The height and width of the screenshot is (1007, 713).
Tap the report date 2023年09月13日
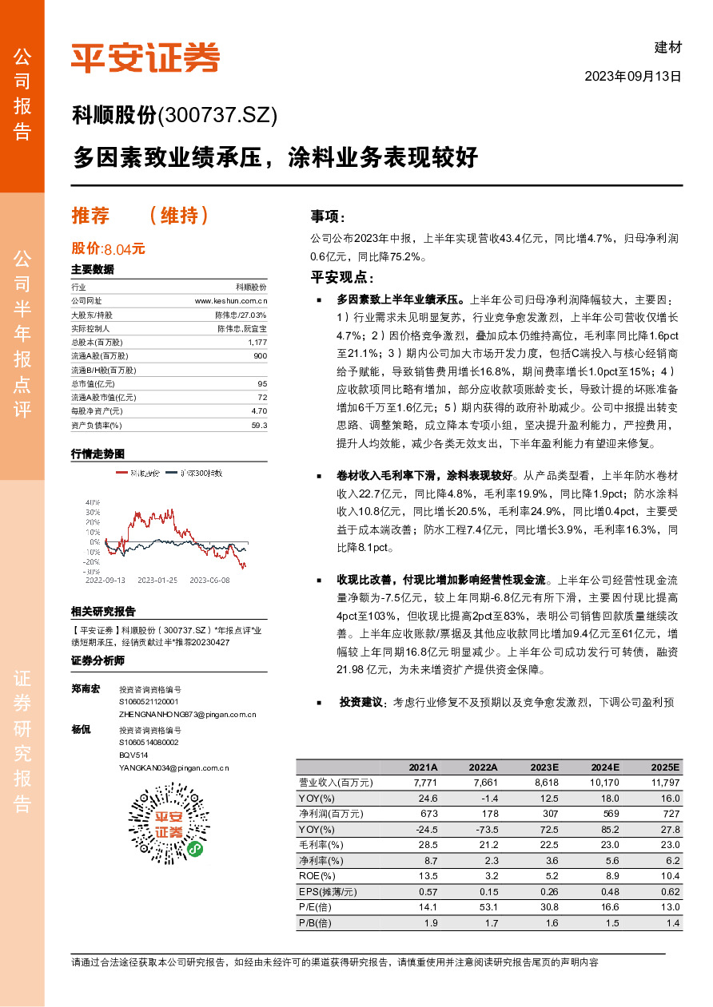[x=633, y=77]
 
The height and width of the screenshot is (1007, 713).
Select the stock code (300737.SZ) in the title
[x=218, y=116]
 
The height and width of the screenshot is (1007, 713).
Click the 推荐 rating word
[x=90, y=216]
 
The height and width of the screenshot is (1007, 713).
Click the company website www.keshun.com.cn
[x=231, y=301]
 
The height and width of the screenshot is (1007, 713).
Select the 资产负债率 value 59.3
[x=259, y=426]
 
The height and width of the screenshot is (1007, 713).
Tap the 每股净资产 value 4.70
[x=259, y=411]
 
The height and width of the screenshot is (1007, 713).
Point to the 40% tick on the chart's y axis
[x=93, y=502]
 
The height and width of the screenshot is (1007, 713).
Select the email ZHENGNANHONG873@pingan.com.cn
[x=187, y=714]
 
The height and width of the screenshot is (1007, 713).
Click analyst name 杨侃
[x=81, y=730]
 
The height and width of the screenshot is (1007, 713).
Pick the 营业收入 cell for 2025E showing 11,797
[x=664, y=783]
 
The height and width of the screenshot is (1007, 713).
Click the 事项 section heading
[x=329, y=216]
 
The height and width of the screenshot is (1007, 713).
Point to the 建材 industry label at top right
[x=668, y=47]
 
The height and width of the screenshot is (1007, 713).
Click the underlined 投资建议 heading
[x=362, y=703]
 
